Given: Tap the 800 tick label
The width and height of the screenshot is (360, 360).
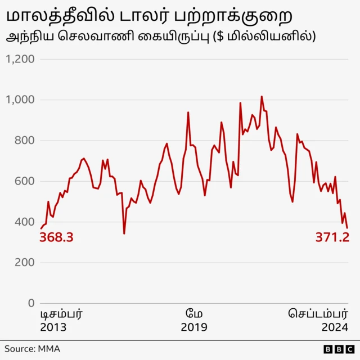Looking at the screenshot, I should point(24,141).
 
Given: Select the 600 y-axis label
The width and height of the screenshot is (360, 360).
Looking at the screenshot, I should point(24,181).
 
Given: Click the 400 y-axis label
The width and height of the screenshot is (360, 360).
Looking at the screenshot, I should point(24,222).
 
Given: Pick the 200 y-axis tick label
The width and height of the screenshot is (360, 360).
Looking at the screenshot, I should point(24,263).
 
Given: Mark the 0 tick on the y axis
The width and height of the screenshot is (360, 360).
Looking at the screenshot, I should point(31,303).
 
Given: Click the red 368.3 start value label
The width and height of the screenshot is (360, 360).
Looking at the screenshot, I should point(56,238).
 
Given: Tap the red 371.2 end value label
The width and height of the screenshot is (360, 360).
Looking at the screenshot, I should point(332,238).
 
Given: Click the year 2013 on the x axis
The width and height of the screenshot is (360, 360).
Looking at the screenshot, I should point(53,327).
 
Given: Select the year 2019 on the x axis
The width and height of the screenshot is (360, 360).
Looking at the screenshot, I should point(194,327).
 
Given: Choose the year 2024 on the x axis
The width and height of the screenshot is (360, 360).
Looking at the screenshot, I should point(335,327).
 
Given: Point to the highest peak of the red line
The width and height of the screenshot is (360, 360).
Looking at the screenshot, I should point(262,97).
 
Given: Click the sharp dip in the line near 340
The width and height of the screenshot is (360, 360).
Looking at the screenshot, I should point(124,233).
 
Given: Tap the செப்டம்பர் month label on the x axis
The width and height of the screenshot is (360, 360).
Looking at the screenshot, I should point(319,313).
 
